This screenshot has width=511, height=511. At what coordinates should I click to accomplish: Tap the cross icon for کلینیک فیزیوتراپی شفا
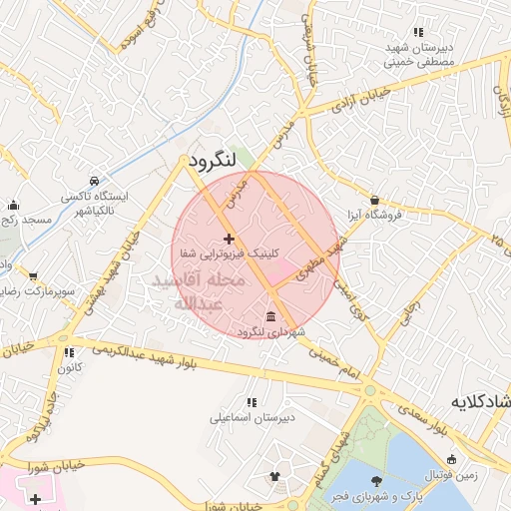[x=230, y=239]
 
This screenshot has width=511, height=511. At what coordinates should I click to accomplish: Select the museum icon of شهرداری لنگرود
[x=272, y=316]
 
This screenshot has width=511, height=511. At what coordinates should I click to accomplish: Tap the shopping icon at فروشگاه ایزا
[x=374, y=200]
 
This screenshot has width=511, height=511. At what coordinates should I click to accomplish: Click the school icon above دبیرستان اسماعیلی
[x=250, y=402]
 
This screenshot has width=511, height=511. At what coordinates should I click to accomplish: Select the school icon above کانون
[x=69, y=352]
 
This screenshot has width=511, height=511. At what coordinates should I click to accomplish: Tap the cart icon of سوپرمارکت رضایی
[x=34, y=276]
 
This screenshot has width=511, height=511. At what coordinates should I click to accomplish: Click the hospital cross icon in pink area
[x=36, y=498]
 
